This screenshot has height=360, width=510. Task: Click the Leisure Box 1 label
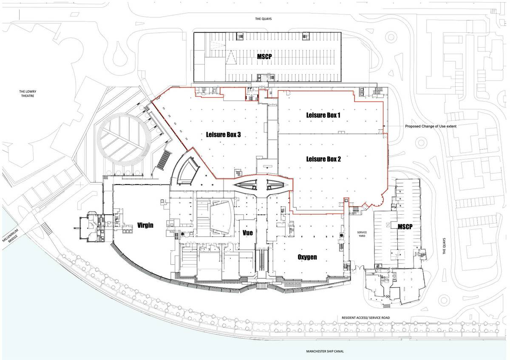323,115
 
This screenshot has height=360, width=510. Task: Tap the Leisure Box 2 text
323,159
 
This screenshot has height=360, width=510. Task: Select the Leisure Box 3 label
223,135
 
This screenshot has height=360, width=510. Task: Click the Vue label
247,232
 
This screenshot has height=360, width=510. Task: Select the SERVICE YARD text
362,234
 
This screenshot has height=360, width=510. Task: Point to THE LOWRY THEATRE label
26,94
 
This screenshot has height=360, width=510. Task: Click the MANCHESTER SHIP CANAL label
325,351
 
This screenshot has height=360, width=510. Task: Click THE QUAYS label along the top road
263,19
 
